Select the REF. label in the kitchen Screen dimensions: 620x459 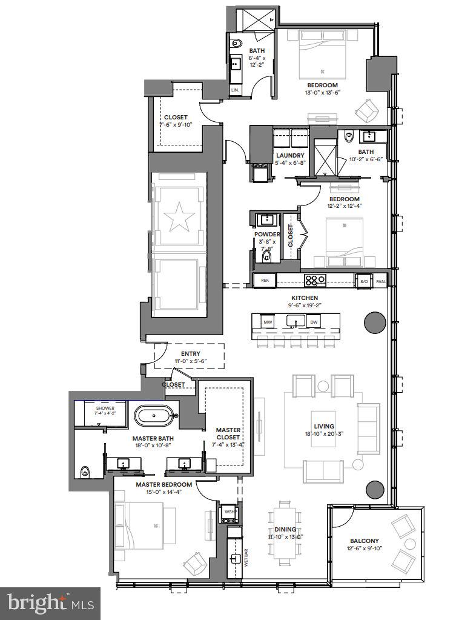tap(265, 281)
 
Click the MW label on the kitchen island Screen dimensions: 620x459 tap(267, 322)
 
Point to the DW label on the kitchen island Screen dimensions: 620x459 tap(314, 322)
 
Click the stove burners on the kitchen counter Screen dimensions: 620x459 tap(315, 280)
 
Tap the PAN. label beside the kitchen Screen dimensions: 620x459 tap(380, 281)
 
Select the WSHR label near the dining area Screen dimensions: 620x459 tap(230, 512)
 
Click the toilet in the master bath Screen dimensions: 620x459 tap(85, 471)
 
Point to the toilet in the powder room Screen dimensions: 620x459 tap(266, 257)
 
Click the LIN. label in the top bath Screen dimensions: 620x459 tap(235, 90)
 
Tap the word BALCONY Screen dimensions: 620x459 tap(364, 541)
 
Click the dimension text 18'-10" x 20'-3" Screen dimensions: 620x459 tap(324, 435)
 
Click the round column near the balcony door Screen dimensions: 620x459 tap(375, 488)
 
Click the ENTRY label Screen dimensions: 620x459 tap(190, 354)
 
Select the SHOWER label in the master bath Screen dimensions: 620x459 tap(105, 408)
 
